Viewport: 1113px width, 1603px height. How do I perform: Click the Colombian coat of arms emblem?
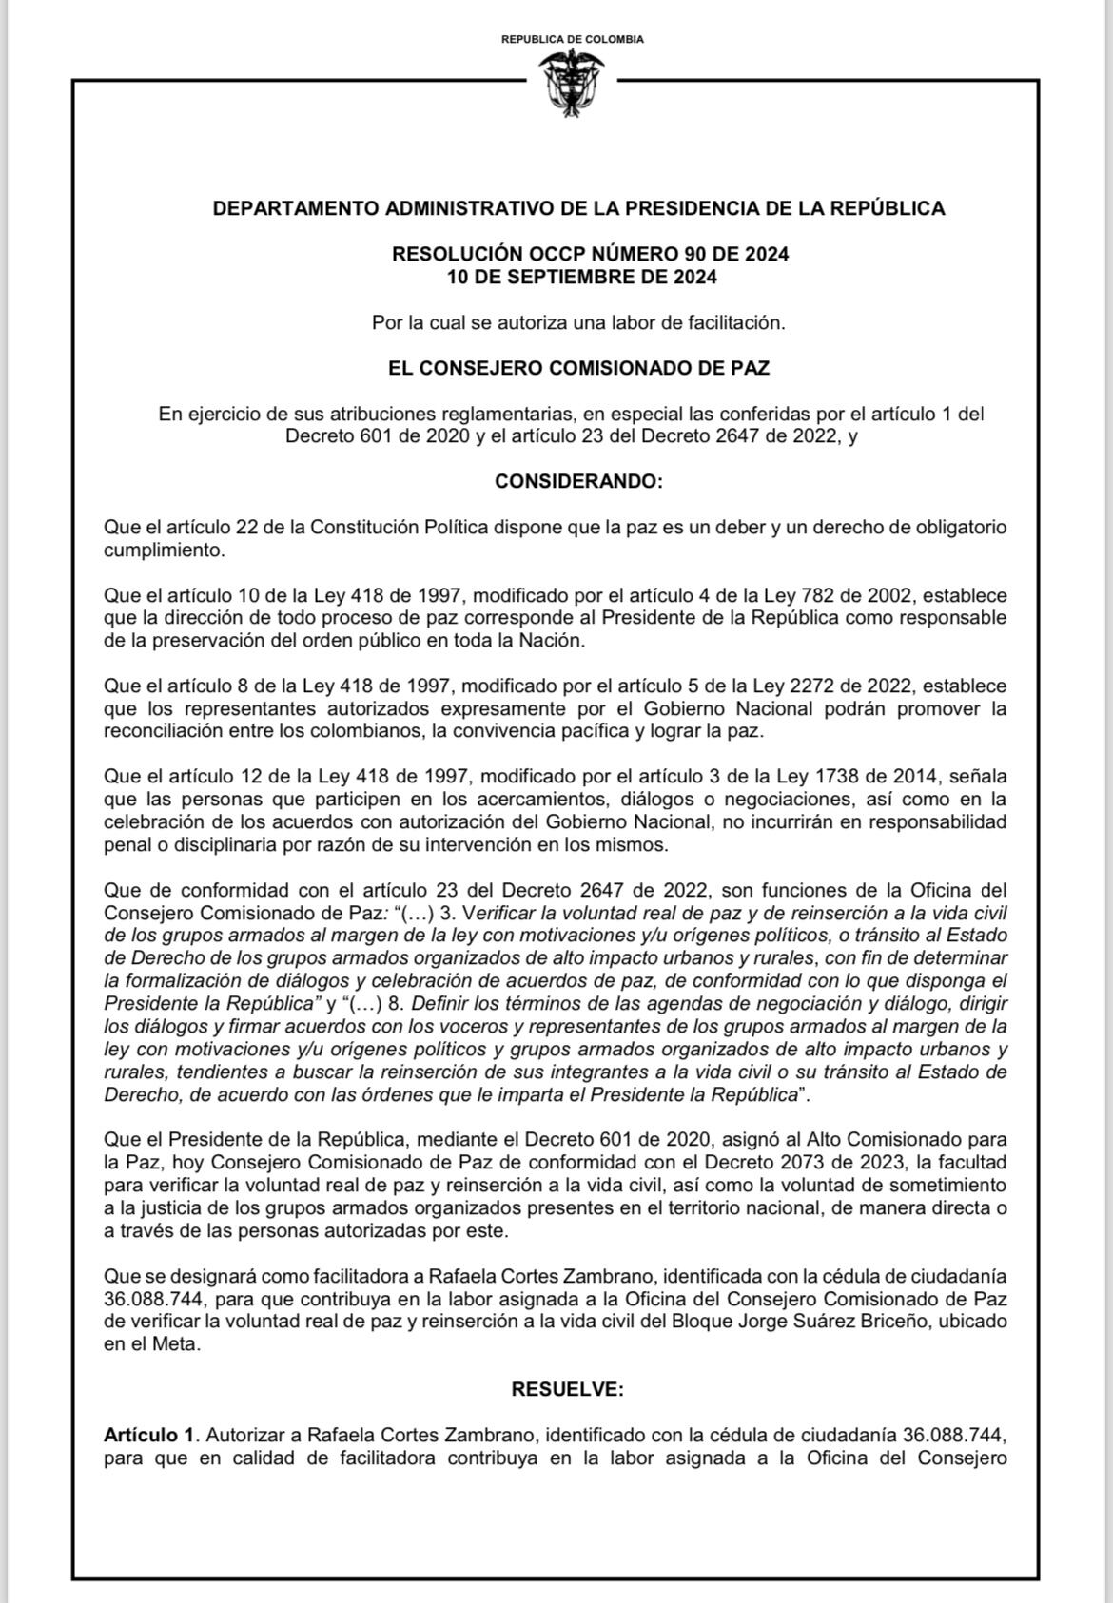pyautogui.click(x=572, y=83)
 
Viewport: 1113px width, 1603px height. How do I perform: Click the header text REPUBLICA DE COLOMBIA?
pyautogui.click(x=572, y=39)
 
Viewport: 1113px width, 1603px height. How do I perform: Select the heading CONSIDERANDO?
pyautogui.click(x=578, y=481)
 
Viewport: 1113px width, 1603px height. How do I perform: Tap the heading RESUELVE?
pyautogui.click(x=567, y=1389)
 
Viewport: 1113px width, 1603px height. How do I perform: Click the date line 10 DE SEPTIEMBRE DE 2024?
pyautogui.click(x=581, y=278)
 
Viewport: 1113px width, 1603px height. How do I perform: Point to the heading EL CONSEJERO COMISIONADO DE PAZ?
pyautogui.click(x=578, y=367)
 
